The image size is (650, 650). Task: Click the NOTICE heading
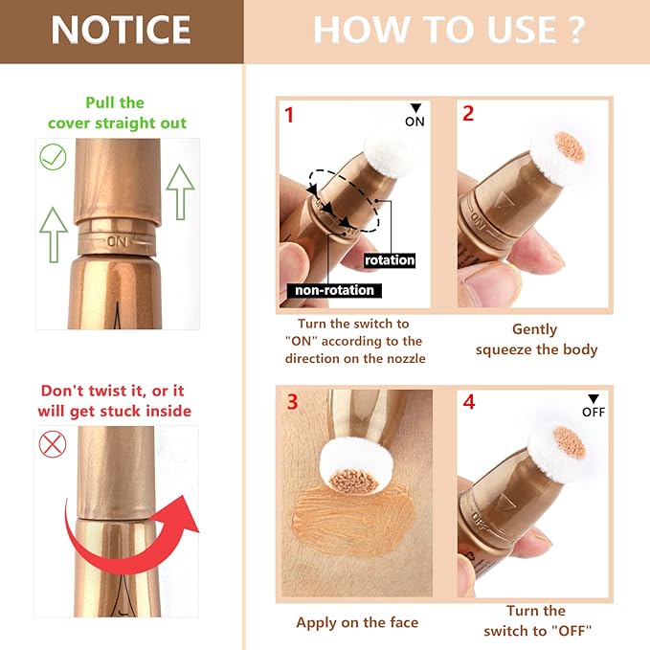click(121, 30)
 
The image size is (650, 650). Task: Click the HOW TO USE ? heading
click(448, 30)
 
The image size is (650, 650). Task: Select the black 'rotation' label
click(390, 259)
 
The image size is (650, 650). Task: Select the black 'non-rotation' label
click(332, 290)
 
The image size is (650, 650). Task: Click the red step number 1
click(289, 115)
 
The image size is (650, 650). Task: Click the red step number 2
click(468, 114)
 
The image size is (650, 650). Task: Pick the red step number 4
click(468, 401)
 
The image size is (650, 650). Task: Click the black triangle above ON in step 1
click(415, 108)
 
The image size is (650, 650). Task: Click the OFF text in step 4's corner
click(594, 413)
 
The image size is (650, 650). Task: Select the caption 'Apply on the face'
click(357, 622)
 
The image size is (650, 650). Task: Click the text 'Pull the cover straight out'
click(118, 112)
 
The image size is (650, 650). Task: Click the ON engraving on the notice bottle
click(119, 240)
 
